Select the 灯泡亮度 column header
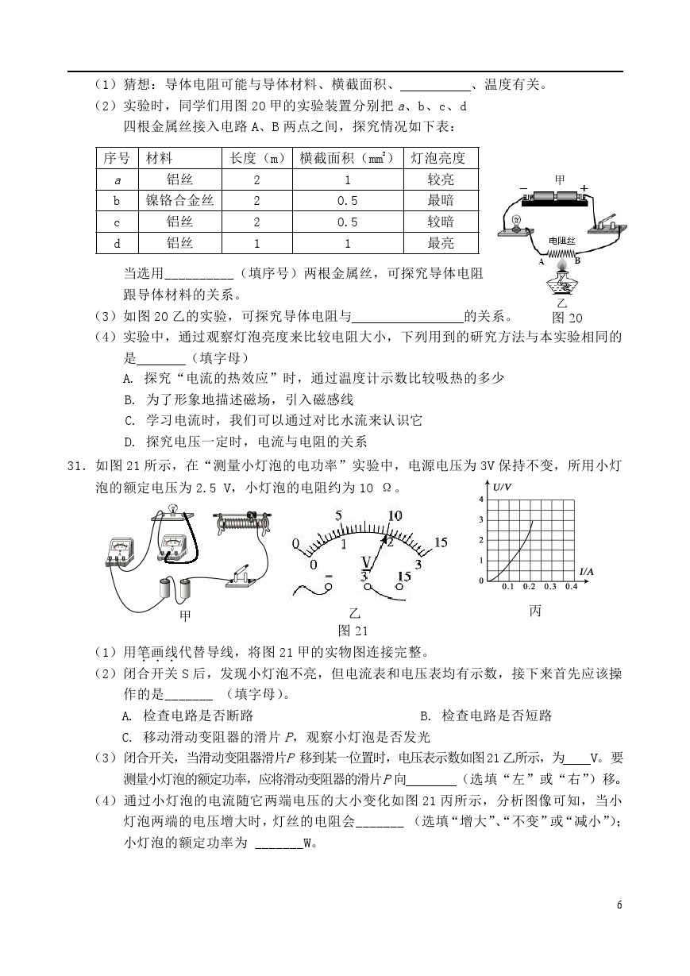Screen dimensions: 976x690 pos(440,158)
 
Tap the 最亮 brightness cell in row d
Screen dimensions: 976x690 pos(440,244)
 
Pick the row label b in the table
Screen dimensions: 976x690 pos(117,201)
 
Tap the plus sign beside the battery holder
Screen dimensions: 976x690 pos(584,189)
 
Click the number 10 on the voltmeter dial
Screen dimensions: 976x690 pos(395,515)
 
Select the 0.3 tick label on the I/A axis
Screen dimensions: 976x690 pos(549,587)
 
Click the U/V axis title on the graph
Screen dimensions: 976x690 pos(503,487)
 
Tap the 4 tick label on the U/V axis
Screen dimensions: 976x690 pos(480,499)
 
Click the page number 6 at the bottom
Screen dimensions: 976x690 pos(619,905)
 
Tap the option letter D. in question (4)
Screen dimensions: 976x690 pos(130,442)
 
